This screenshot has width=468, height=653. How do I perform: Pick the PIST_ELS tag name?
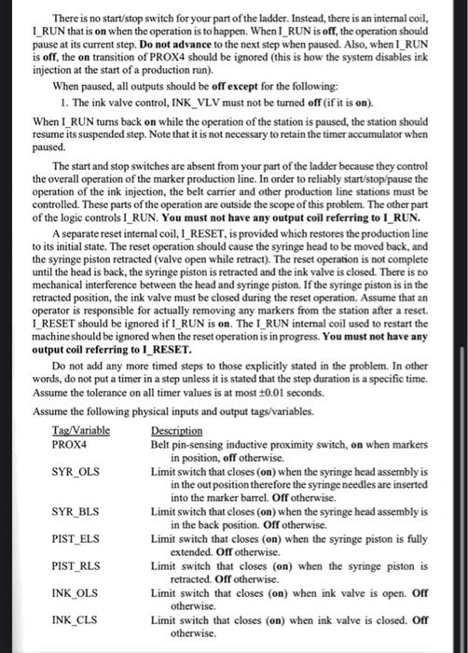[x=74, y=539]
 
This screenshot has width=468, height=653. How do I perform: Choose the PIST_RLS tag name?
[x=74, y=565]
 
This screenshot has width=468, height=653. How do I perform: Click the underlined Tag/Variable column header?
[x=81, y=430]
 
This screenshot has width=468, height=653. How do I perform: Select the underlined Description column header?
[x=176, y=430]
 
